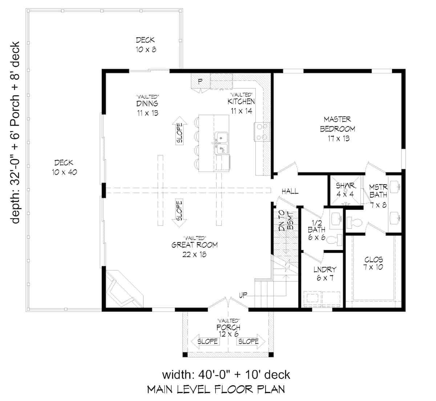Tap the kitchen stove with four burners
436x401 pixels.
(x=262, y=132)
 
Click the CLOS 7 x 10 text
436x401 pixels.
(x=374, y=263)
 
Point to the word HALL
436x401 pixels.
(x=290, y=191)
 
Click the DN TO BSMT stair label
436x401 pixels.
(x=287, y=221)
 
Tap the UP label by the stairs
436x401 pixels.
(x=243, y=295)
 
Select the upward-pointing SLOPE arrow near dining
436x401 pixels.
(x=180, y=130)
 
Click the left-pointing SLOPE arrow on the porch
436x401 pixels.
(x=204, y=341)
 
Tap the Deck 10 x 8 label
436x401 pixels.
(x=146, y=45)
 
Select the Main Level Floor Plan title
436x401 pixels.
(x=216, y=389)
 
